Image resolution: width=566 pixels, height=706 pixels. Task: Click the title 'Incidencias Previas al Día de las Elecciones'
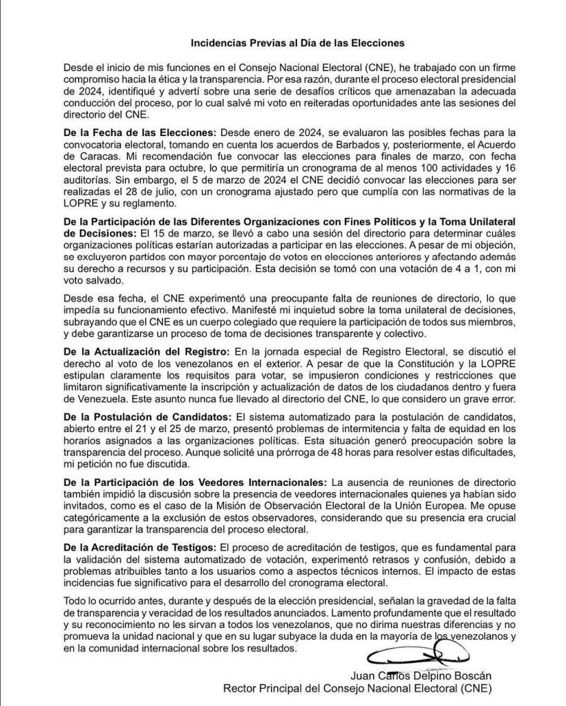tap(297, 43)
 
